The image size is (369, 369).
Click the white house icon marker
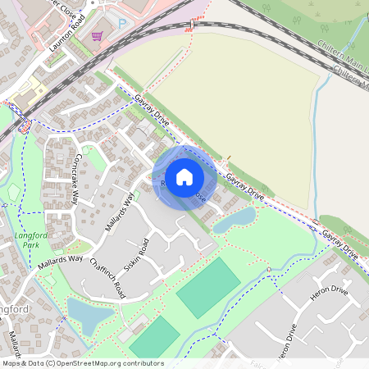pos(184,177)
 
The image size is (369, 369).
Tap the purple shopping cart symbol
pos(98,37)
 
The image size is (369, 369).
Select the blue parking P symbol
pos(123,25)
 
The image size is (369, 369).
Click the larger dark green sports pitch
pos(208,287)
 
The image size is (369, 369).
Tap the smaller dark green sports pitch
pos(153,339)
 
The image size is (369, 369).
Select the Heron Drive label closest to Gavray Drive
pos(328,302)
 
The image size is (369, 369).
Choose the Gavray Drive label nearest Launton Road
pos(153,108)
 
